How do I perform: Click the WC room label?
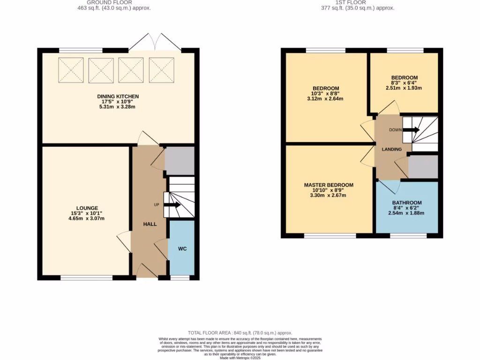pyautogui.click(x=182, y=248)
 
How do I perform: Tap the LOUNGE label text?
pyautogui.click(x=88, y=208)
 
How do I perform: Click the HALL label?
pyautogui.click(x=150, y=224)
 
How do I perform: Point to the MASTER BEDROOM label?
pyautogui.click(x=328, y=185)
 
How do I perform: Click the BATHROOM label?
pyautogui.click(x=407, y=203)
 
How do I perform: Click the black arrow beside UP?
pyautogui.click(x=172, y=205)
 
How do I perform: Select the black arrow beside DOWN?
pyautogui.click(x=411, y=130)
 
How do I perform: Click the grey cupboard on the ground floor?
pyautogui.click(x=180, y=160)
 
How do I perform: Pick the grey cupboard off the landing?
pyautogui.click(x=423, y=167)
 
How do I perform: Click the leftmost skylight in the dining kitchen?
pyautogui.click(x=71, y=70)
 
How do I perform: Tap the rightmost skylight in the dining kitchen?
pyautogui.click(x=161, y=70)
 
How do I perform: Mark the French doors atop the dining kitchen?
pyautogui.click(x=155, y=42)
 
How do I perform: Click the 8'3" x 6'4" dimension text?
pyautogui.click(x=404, y=83)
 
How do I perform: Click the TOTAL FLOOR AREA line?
pyautogui.click(x=240, y=333)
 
